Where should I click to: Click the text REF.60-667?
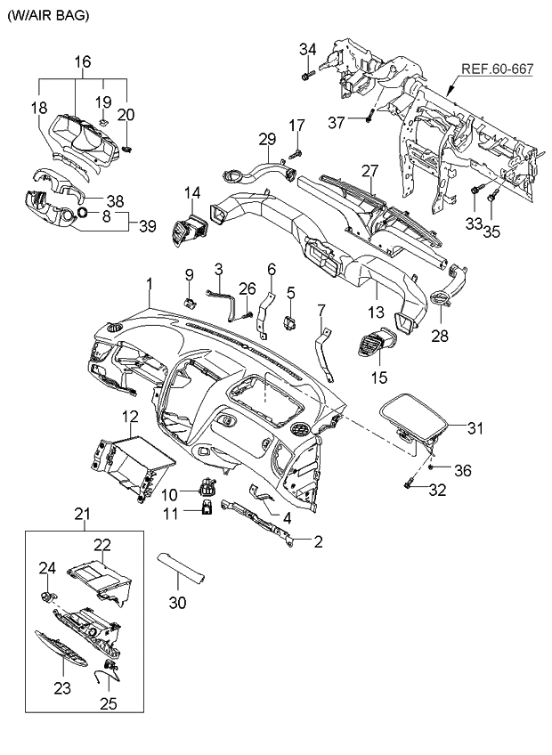[499, 69]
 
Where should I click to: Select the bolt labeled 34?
[306, 77]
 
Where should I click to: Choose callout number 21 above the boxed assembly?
[82, 514]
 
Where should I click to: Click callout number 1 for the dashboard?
[150, 284]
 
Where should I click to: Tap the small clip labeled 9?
[189, 302]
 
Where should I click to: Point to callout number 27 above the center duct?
[370, 170]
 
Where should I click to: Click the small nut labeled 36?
[431, 467]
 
